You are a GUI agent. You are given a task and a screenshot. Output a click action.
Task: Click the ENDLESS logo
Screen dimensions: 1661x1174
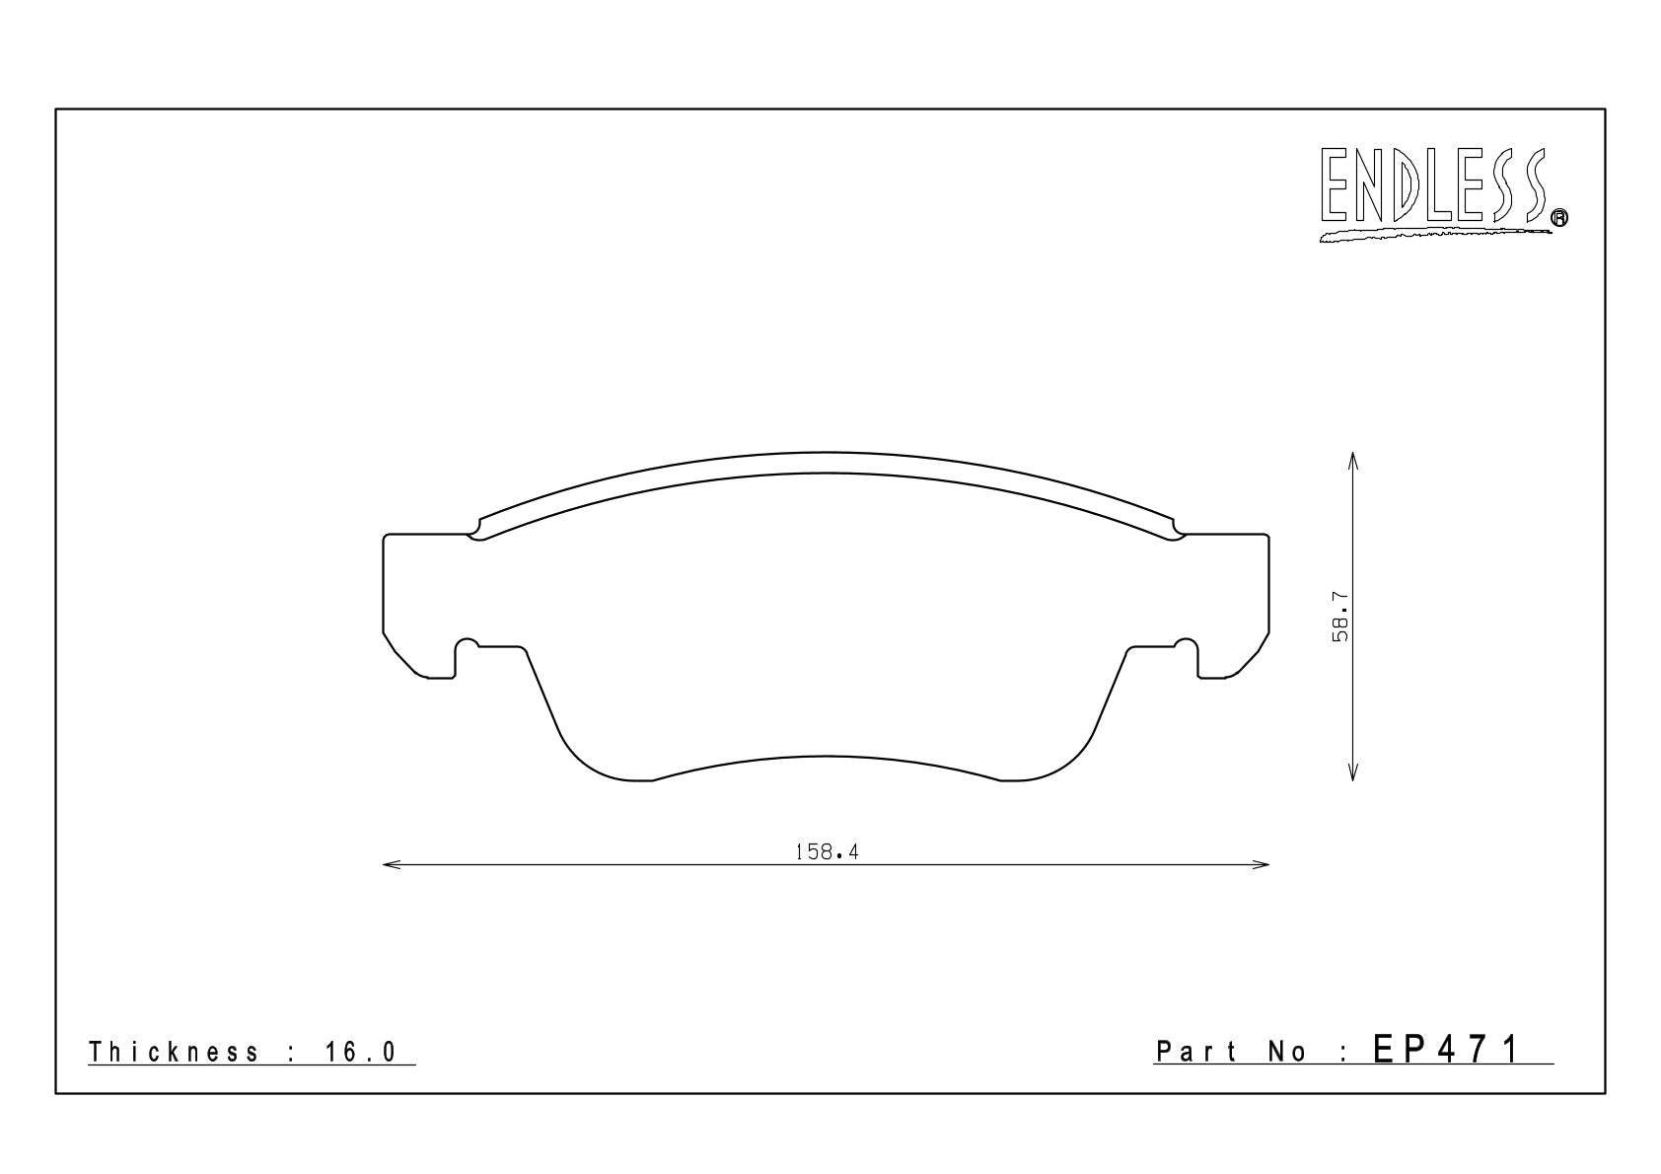1442,194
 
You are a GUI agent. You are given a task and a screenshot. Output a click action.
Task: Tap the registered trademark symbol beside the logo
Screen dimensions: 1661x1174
1559,217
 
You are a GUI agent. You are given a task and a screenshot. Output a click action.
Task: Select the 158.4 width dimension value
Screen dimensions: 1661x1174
827,852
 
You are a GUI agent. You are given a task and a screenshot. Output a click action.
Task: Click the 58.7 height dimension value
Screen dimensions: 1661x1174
1340,617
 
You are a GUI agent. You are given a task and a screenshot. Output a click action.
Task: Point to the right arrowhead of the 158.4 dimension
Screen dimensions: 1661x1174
1260,865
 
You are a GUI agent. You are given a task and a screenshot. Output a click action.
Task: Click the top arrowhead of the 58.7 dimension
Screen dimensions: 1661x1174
1352,462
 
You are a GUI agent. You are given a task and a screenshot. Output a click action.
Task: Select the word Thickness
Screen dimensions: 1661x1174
174,1052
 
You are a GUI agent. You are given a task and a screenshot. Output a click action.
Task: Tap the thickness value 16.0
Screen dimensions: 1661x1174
360,1052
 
